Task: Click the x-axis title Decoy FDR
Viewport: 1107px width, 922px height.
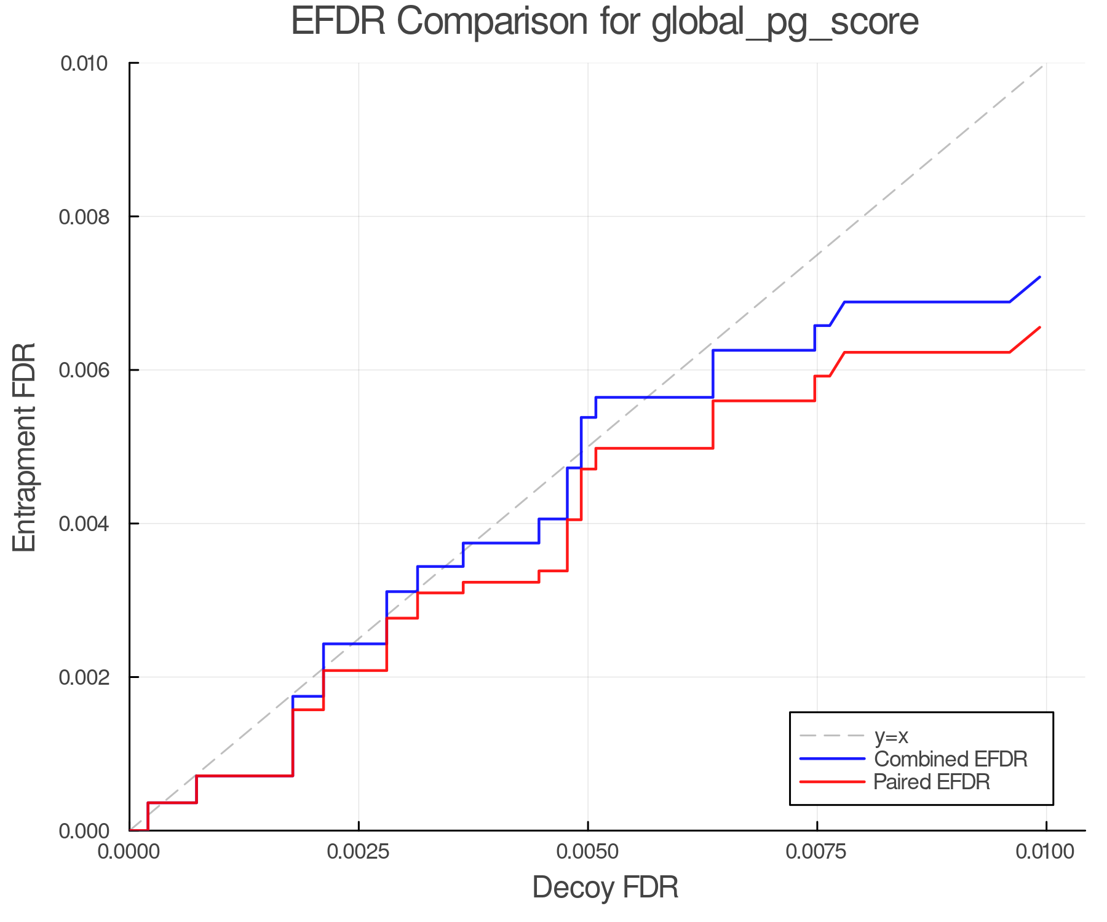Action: [x=605, y=888]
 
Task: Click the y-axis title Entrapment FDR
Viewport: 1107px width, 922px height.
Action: [x=25, y=447]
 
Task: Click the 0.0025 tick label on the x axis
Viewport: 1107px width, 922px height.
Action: [x=359, y=852]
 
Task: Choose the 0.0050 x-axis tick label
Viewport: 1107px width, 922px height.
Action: [x=588, y=852]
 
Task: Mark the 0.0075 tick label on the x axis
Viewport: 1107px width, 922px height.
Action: [x=817, y=852]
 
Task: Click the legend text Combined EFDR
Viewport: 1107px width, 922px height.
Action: [x=951, y=759]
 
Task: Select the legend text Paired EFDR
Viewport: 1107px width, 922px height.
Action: [x=932, y=782]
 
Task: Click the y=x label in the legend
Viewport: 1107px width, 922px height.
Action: [x=891, y=736]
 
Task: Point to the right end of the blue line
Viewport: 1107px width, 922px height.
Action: [x=1040, y=277]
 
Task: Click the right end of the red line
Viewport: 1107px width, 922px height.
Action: [x=1040, y=328]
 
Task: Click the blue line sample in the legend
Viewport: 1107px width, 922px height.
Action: [x=832, y=759]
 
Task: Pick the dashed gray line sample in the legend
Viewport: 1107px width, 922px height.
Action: [x=832, y=736]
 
